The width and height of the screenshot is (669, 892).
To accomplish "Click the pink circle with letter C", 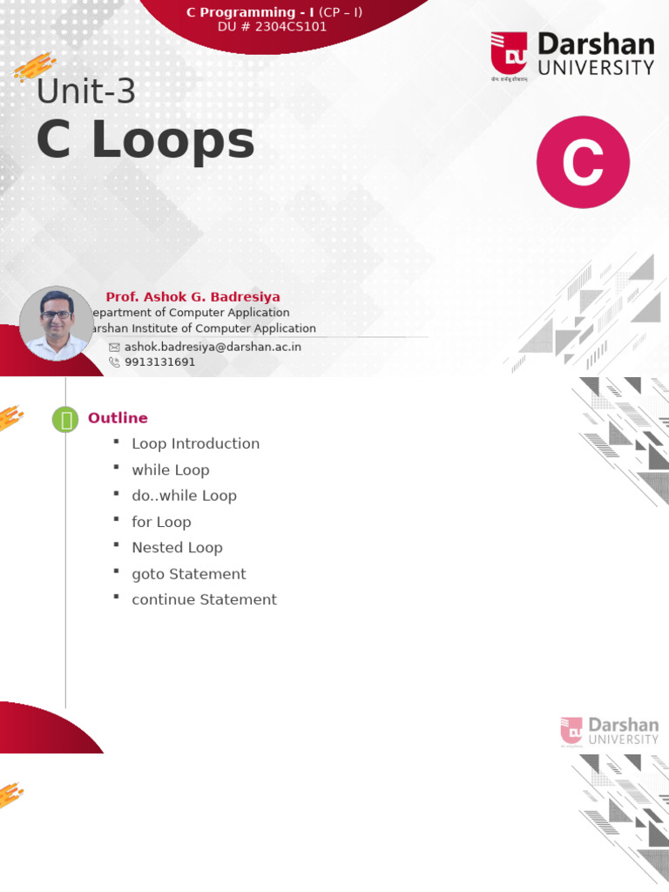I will click(x=583, y=162).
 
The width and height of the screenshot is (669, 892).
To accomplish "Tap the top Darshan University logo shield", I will click(x=509, y=53).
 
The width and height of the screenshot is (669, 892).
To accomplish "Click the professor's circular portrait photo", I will click(x=56, y=323).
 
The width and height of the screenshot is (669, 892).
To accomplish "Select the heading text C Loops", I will click(x=145, y=141).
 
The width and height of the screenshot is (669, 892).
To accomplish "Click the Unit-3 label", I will click(x=85, y=91).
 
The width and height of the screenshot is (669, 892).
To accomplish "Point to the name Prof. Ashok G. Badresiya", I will click(x=193, y=297).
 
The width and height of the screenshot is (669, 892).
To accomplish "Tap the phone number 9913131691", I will click(x=160, y=362).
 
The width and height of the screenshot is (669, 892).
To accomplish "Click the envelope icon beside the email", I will click(x=114, y=347).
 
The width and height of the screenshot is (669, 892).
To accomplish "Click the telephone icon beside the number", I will click(x=114, y=362).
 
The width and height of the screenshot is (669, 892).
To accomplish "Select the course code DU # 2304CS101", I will click(x=274, y=27).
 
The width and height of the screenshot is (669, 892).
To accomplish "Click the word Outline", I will click(x=118, y=418).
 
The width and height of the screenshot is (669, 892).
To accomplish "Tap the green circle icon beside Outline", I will click(x=65, y=419).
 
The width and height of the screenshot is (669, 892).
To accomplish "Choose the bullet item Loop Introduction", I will click(x=195, y=443).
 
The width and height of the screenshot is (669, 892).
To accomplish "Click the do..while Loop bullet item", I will click(x=184, y=496).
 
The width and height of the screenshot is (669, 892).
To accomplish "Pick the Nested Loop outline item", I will click(x=177, y=547).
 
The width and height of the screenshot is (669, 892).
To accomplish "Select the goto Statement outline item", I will click(x=188, y=573).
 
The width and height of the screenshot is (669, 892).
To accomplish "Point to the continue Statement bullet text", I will click(x=204, y=599).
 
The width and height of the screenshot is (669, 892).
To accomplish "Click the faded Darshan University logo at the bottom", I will click(x=609, y=732).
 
